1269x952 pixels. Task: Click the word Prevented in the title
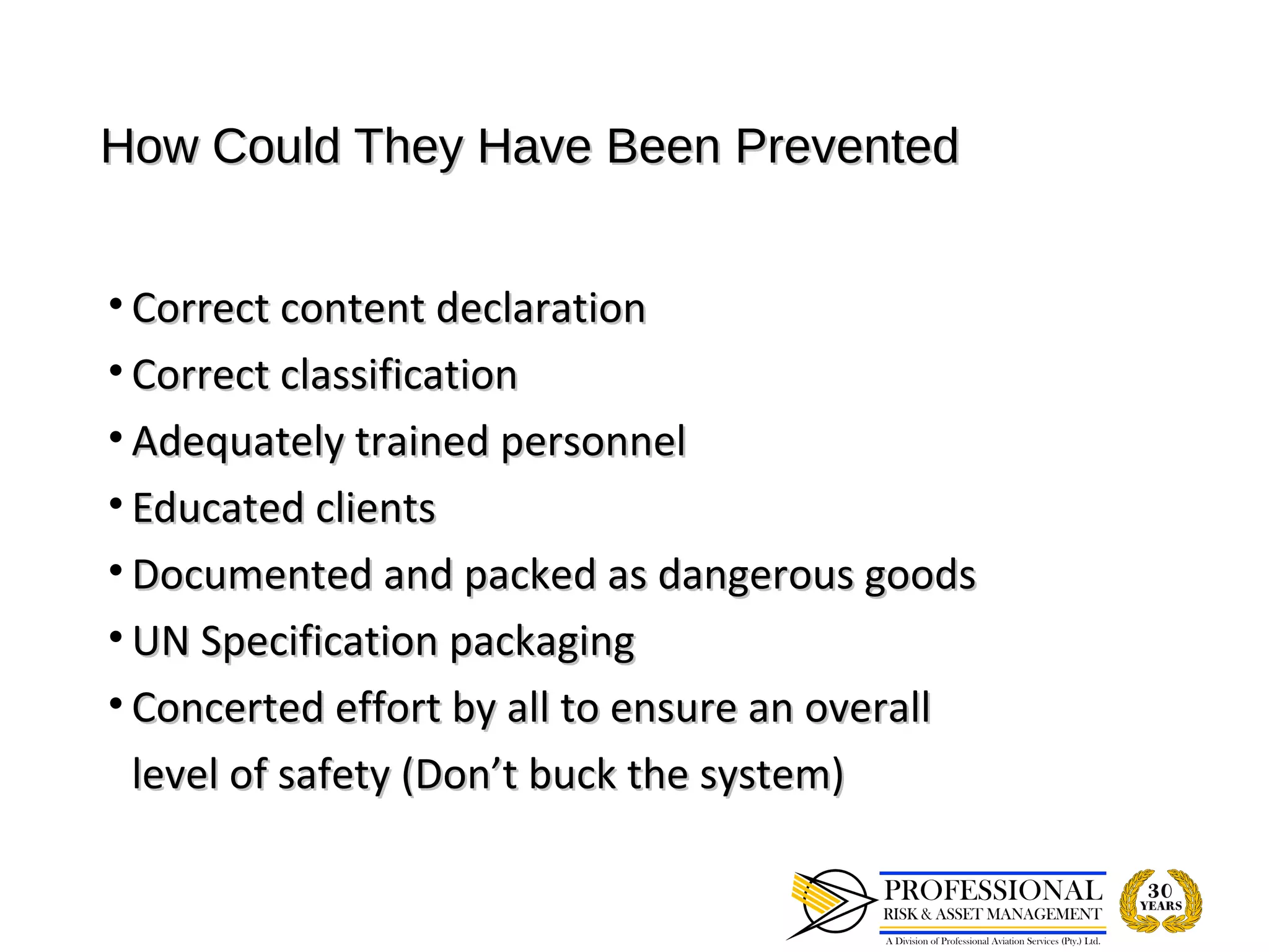(846, 146)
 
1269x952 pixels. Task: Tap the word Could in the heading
(276, 146)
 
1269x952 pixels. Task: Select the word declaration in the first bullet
(540, 308)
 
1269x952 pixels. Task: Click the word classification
(399, 375)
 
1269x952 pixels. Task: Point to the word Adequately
(237, 443)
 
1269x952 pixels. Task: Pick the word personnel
(593, 441)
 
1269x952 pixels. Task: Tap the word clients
(376, 508)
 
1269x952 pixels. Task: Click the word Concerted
(228, 708)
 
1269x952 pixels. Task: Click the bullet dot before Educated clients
(115, 504)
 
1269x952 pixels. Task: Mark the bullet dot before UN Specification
(115, 637)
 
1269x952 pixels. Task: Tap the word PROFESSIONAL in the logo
(993, 891)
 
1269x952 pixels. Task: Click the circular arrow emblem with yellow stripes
(830, 903)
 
